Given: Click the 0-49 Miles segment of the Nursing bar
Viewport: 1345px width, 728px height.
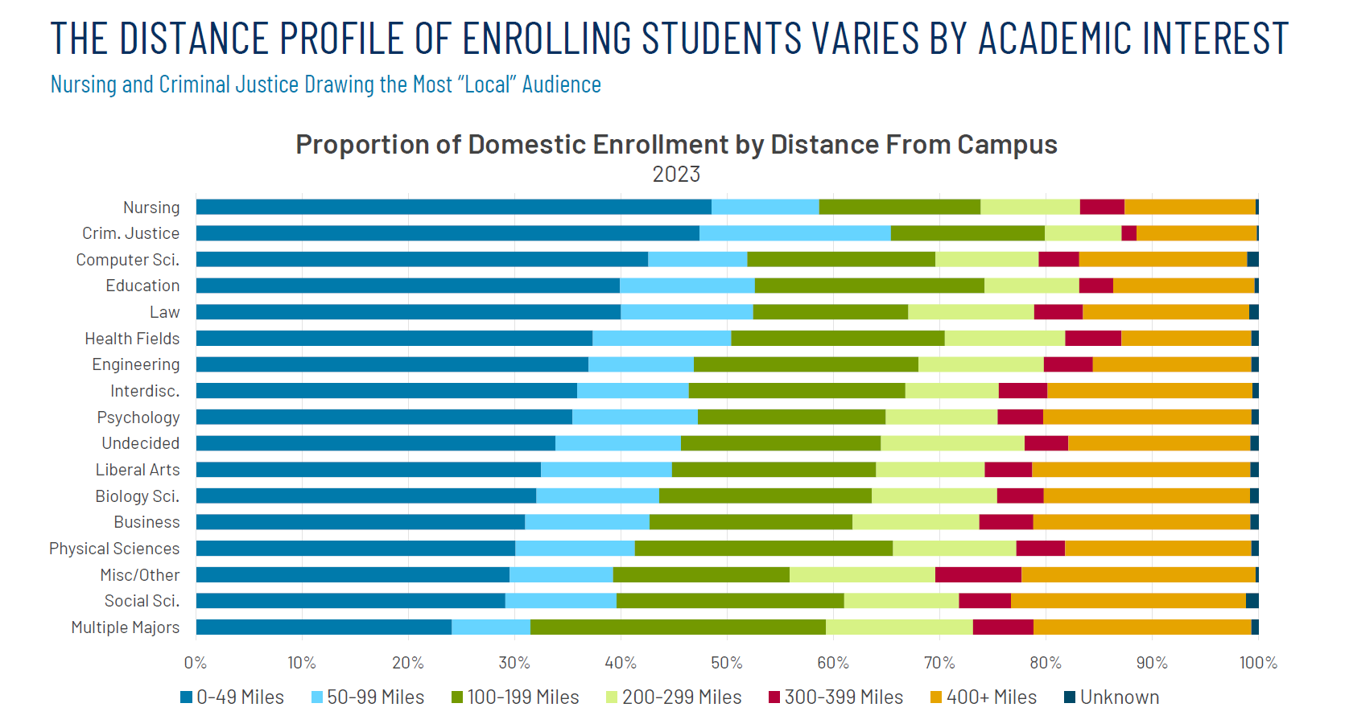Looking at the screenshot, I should coord(453,207).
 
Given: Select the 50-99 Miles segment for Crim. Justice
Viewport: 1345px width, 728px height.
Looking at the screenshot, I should coord(794,233).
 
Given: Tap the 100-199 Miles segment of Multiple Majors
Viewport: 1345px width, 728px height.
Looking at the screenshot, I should coord(678,627).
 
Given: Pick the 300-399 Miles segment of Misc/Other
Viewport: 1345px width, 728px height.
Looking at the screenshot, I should coord(978,574).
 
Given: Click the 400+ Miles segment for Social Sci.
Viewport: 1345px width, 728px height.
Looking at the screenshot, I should coord(1128,601).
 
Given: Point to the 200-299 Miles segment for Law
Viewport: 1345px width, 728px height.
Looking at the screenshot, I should coord(971,312).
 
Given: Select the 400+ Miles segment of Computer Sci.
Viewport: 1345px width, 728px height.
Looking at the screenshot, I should coord(1162,259).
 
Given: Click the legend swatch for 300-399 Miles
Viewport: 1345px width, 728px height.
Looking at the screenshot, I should coord(774,697).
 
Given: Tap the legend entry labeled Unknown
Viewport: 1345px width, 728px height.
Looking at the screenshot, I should coord(1119,697).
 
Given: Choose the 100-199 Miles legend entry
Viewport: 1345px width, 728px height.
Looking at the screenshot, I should coord(522,697).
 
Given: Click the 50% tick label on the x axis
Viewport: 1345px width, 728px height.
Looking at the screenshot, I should coord(726,663).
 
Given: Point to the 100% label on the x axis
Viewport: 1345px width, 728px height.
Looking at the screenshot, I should coord(1258,663).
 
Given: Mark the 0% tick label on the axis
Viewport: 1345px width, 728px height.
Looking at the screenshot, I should coord(196,663).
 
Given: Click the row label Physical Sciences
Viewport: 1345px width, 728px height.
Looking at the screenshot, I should coord(114,549).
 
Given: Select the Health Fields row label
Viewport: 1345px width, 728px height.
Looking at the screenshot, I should coord(132,339).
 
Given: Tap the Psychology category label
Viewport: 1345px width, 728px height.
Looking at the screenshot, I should coord(138,417).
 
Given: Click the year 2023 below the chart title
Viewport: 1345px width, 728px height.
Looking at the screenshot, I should coord(676,175).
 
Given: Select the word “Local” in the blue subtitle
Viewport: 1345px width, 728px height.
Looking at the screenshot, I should coord(487,84).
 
